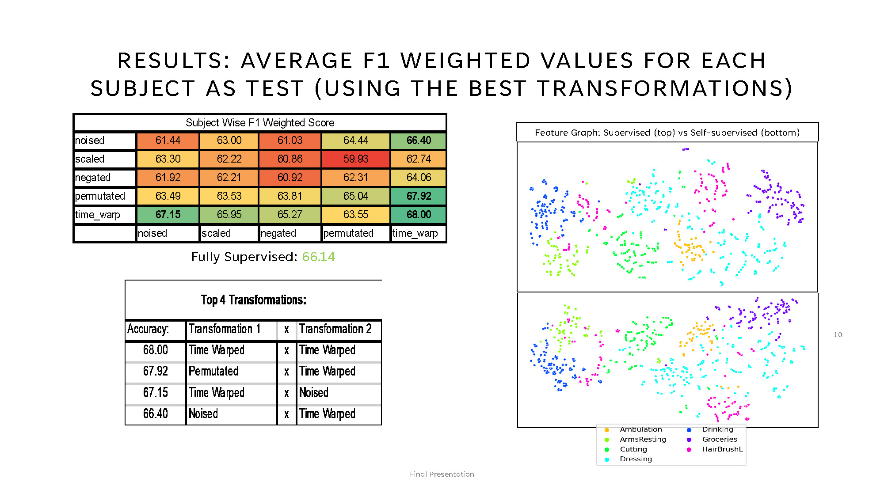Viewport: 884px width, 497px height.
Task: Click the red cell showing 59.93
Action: point(356,159)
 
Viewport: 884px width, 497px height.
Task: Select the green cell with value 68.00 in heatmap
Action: point(418,215)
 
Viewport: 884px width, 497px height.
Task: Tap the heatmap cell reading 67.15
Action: point(168,215)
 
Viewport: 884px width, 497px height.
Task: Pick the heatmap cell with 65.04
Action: point(356,196)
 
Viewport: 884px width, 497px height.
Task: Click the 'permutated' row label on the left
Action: point(100,196)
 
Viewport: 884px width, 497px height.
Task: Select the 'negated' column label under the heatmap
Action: point(278,233)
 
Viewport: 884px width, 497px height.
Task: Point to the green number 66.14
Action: point(318,257)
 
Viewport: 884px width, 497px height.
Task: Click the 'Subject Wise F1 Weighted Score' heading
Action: point(260,123)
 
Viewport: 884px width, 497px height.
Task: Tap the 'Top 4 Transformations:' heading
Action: point(253,300)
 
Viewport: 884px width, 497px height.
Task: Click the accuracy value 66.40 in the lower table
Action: point(156,414)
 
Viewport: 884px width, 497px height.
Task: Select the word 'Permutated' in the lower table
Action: point(213,371)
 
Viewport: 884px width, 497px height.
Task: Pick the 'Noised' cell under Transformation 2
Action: point(314,393)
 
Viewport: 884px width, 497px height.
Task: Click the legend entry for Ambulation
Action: point(640,429)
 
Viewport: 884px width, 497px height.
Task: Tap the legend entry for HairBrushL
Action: point(722,449)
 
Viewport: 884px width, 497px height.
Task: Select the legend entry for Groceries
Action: point(719,440)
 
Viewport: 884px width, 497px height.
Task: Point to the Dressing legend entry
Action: point(635,459)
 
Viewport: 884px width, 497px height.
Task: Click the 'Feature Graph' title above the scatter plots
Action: point(667,133)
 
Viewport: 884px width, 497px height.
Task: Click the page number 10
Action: point(838,335)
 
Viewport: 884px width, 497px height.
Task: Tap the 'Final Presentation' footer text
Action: point(442,474)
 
